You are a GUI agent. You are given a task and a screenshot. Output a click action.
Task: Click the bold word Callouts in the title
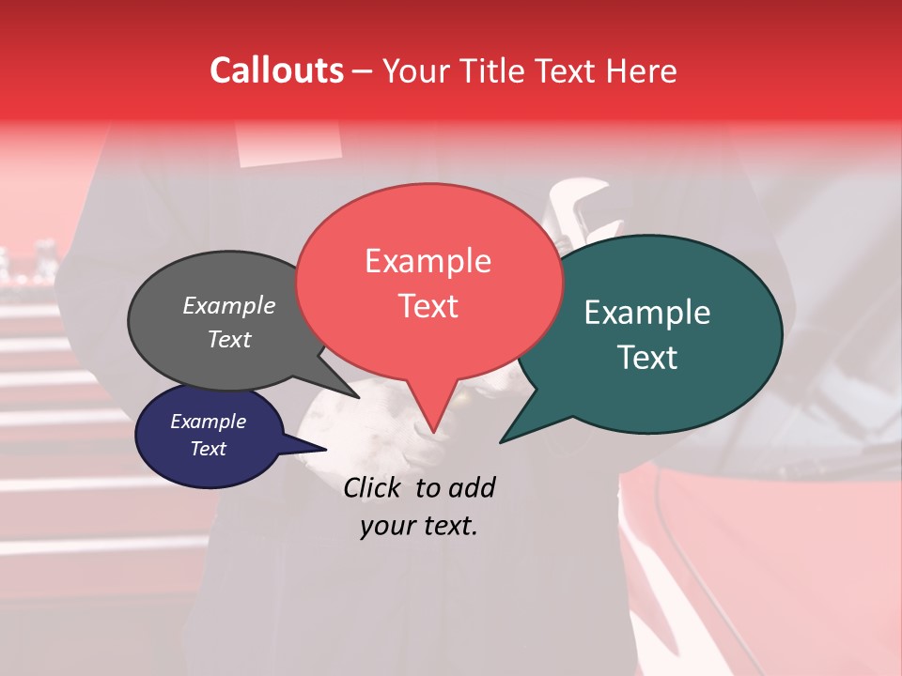pyautogui.click(x=276, y=70)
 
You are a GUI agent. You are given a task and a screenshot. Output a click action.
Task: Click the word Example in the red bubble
pyautogui.click(x=428, y=261)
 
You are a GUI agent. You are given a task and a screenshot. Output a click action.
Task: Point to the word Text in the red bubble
pyautogui.click(x=428, y=306)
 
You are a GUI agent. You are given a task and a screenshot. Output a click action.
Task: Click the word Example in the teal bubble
pyautogui.click(x=647, y=313)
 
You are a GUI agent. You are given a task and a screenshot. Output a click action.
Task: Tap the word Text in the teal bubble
pyautogui.click(x=647, y=358)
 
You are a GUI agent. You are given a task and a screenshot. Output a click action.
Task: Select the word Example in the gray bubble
pyautogui.click(x=229, y=305)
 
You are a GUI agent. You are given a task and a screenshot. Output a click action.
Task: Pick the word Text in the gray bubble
pyautogui.click(x=229, y=339)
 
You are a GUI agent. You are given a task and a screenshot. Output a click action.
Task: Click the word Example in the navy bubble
pyautogui.click(x=208, y=422)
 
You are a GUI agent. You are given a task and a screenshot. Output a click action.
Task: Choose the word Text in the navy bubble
pyautogui.click(x=208, y=449)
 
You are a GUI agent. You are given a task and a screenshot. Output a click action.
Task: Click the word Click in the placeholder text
pyautogui.click(x=373, y=487)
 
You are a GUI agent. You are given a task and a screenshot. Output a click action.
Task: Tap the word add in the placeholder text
pyautogui.click(x=472, y=487)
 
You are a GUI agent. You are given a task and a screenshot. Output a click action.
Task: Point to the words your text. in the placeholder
pyautogui.click(x=419, y=526)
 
